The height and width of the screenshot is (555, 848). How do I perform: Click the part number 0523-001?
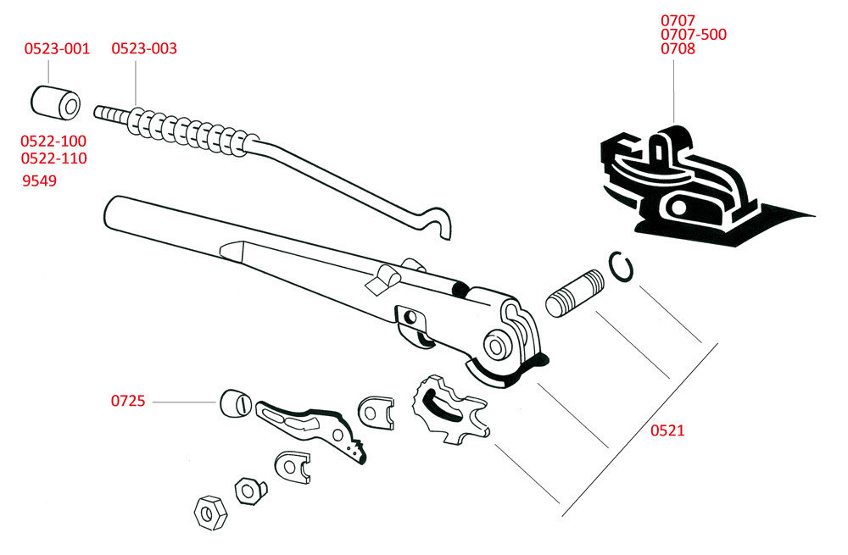[57, 48]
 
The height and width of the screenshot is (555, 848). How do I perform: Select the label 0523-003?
[144, 48]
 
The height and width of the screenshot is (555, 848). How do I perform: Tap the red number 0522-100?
[53, 141]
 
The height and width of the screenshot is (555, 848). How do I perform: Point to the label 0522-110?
[53, 158]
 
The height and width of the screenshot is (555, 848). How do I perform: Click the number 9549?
[40, 180]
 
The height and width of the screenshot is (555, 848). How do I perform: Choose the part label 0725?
[128, 401]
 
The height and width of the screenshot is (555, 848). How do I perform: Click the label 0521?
[667, 430]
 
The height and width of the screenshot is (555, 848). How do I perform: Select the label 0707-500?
[694, 35]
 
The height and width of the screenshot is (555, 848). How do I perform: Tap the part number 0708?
[678, 48]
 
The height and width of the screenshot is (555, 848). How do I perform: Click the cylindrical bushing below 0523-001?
[55, 103]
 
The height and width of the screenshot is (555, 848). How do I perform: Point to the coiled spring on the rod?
[192, 130]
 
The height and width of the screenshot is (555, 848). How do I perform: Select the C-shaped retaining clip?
[621, 267]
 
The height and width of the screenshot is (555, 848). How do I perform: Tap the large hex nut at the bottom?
[210, 513]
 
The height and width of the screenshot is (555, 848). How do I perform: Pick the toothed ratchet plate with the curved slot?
[450, 409]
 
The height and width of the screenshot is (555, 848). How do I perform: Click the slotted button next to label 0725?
[237, 403]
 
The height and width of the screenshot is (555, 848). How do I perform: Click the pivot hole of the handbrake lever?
[495, 346]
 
